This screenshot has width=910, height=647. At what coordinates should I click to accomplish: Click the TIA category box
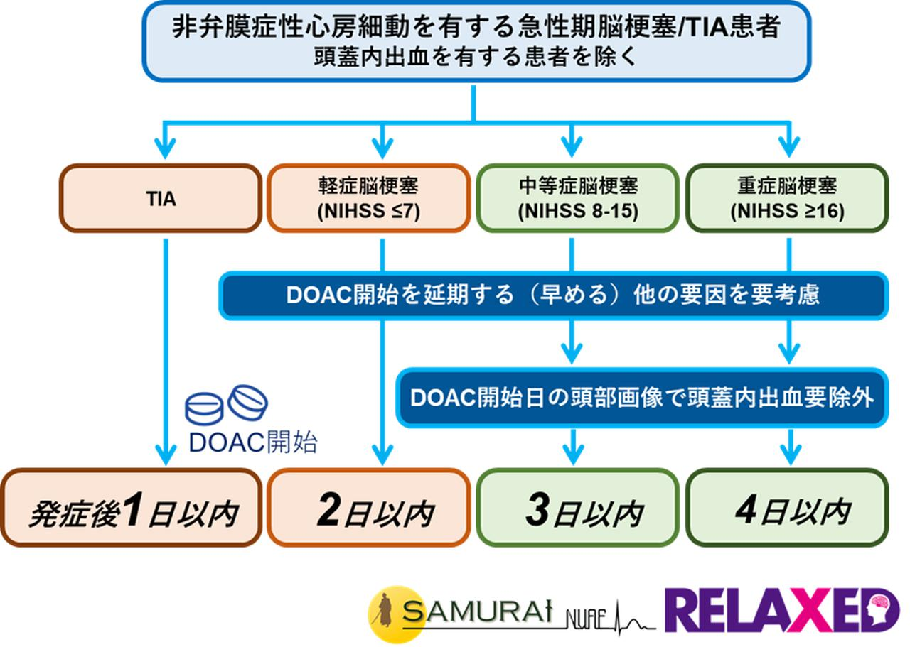coord(160,198)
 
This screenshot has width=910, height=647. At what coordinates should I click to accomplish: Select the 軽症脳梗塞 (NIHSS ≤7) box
coord(368,198)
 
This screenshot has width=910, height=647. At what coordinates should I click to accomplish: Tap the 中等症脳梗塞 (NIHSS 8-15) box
coord(577,198)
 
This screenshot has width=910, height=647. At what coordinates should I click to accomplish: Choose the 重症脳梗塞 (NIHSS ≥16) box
coord(787,198)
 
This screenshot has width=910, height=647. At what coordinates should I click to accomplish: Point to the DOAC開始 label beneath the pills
coord(253,442)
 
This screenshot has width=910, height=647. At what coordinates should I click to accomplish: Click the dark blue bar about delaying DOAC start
coord(552,295)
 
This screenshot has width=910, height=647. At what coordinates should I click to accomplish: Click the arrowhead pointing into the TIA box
coord(165,151)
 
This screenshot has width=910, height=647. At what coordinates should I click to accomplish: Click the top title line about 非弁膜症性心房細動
coord(476,27)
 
